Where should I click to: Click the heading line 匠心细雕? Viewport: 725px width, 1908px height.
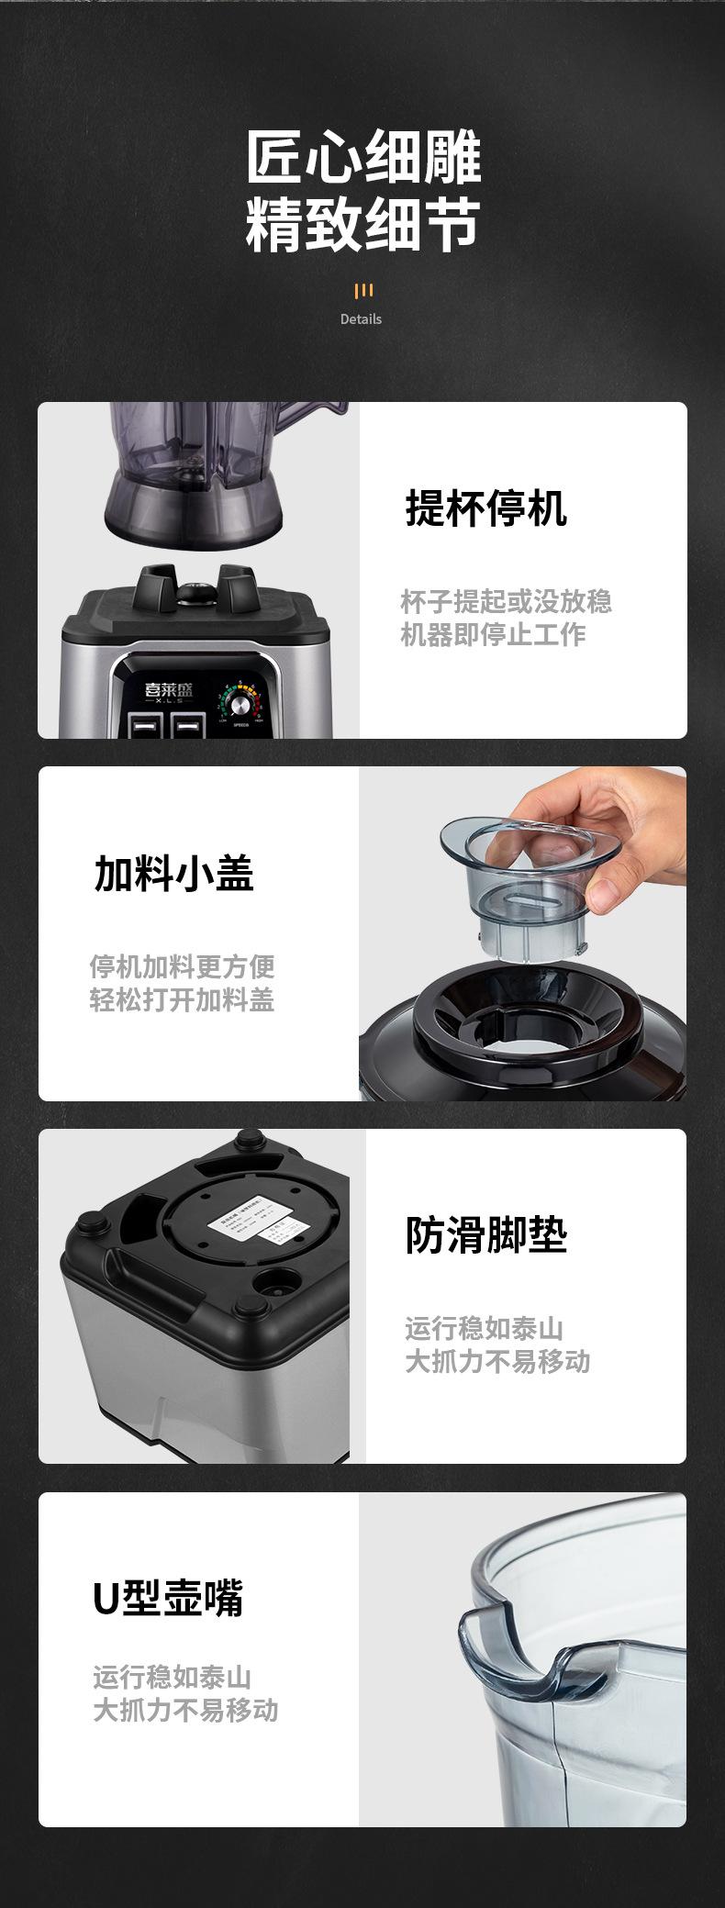pyautogui.click(x=363, y=158)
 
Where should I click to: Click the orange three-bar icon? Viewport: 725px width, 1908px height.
pyautogui.click(x=363, y=291)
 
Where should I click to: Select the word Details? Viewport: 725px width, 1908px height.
pyautogui.click(x=361, y=319)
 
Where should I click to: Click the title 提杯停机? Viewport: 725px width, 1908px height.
pyautogui.click(x=486, y=508)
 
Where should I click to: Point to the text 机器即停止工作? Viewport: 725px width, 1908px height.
pyautogui.click(x=493, y=634)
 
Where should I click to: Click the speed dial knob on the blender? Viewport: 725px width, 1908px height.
pyautogui.click(x=240, y=704)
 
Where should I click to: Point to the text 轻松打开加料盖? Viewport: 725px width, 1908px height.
pyautogui.click(x=182, y=999)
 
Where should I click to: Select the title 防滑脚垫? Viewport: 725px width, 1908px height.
pyautogui.click(x=486, y=1235)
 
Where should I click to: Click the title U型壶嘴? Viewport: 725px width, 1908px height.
pyautogui.click(x=169, y=1598)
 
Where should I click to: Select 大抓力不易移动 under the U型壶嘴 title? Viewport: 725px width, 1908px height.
pyautogui.click(x=185, y=1710)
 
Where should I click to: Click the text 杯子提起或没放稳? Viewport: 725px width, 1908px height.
pyautogui.click(x=506, y=602)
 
